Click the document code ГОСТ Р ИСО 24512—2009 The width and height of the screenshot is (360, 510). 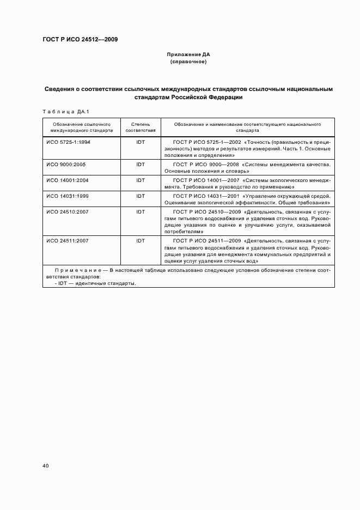pos(80,39)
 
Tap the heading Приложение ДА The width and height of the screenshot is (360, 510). pos(188,54)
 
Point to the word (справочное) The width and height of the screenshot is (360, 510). pos(188,62)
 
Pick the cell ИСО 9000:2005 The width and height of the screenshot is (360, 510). pos(66,164)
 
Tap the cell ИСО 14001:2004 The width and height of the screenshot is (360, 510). pos(68,180)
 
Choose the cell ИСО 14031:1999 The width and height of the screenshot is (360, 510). pos(68,196)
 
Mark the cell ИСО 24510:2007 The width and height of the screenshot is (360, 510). pos(68,211)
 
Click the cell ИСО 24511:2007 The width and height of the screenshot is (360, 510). pos(68,240)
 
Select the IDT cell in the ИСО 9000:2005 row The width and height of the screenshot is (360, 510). pos(141,164)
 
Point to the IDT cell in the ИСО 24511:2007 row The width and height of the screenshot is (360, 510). pos(141,240)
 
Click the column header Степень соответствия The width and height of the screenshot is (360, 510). pos(141,127)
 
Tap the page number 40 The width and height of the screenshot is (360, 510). pos(45,466)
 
